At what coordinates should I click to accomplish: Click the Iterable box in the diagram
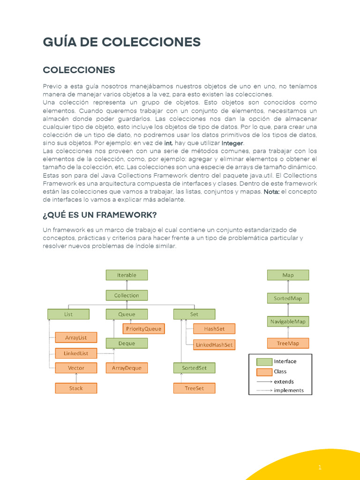pyautogui.click(x=127, y=275)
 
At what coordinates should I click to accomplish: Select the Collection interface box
pyautogui.click(x=127, y=295)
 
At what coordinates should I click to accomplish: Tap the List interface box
pyautogui.click(x=68, y=314)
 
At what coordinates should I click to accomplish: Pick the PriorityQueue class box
pyautogui.click(x=143, y=329)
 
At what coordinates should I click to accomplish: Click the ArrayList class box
pyautogui.click(x=75, y=337)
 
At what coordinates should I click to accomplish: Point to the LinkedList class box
pyautogui.click(x=75, y=353)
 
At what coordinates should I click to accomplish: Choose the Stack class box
pyautogui.click(x=75, y=388)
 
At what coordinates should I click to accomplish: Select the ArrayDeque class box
pyautogui.click(x=127, y=368)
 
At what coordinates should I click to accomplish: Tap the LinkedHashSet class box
pyautogui.click(x=214, y=345)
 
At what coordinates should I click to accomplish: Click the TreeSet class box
pyautogui.click(x=194, y=388)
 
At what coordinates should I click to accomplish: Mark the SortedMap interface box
pyautogui.click(x=288, y=298)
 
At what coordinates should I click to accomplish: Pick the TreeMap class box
pyautogui.click(x=288, y=343)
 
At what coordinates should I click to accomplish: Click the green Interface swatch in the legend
pyautogui.click(x=264, y=362)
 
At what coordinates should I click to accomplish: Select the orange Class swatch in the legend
pyautogui.click(x=264, y=372)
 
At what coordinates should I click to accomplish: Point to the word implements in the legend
pyautogui.click(x=289, y=390)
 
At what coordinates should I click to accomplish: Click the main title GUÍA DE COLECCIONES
pyautogui.click(x=122, y=42)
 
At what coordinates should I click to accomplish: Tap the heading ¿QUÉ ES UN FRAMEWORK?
pyautogui.click(x=100, y=215)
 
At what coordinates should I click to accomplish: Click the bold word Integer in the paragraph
pyautogui.click(x=232, y=143)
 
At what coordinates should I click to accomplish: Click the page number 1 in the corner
pyautogui.click(x=320, y=467)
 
